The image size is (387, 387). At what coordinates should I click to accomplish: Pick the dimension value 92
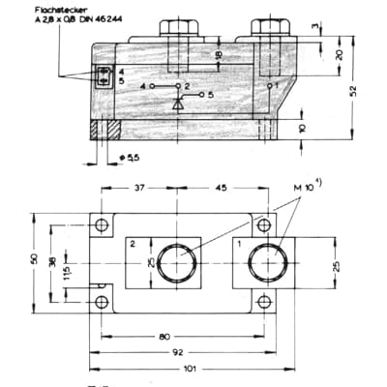click(x=178, y=354)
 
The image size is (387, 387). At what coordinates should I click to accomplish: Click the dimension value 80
click(x=172, y=338)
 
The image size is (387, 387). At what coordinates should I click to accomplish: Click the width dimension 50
click(x=36, y=261)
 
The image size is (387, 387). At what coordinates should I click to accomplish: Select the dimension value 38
click(x=52, y=261)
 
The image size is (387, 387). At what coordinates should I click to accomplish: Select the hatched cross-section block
click(x=104, y=129)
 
